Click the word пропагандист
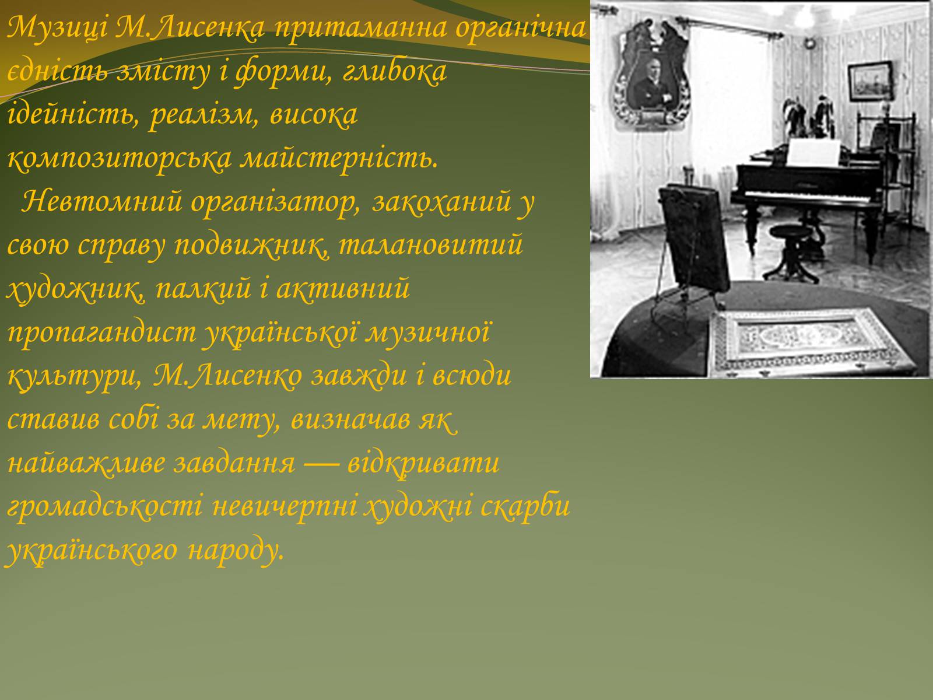(x=101, y=333)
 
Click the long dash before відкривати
(x=321, y=463)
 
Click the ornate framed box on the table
(x=808, y=342)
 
